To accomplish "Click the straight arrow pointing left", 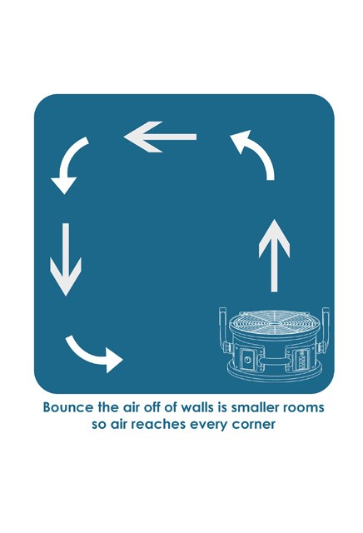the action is (160, 137).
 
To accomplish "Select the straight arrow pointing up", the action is (274, 256).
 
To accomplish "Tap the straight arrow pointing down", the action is (66, 259).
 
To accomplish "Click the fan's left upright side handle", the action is (223, 329).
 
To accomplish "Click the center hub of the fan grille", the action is (275, 322).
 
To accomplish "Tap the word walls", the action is (193, 407).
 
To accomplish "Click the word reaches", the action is (158, 424).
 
